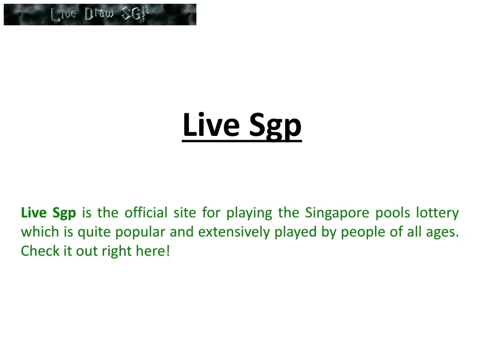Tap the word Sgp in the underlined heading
pyautogui.click(x=275, y=127)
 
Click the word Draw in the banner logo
pyautogui.click(x=99, y=14)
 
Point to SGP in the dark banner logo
pyautogui.click(x=135, y=14)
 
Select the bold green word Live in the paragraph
pyautogui.click(x=34, y=212)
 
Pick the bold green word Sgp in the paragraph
pyautogui.click(x=64, y=213)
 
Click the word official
pyautogui.click(x=146, y=212)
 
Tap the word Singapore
pyautogui.click(x=337, y=213)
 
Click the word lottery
pyautogui.click(x=437, y=213)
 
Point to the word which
pyautogui.click(x=40, y=232)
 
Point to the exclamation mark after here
pyautogui.click(x=168, y=251)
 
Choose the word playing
pyautogui.click(x=249, y=213)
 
